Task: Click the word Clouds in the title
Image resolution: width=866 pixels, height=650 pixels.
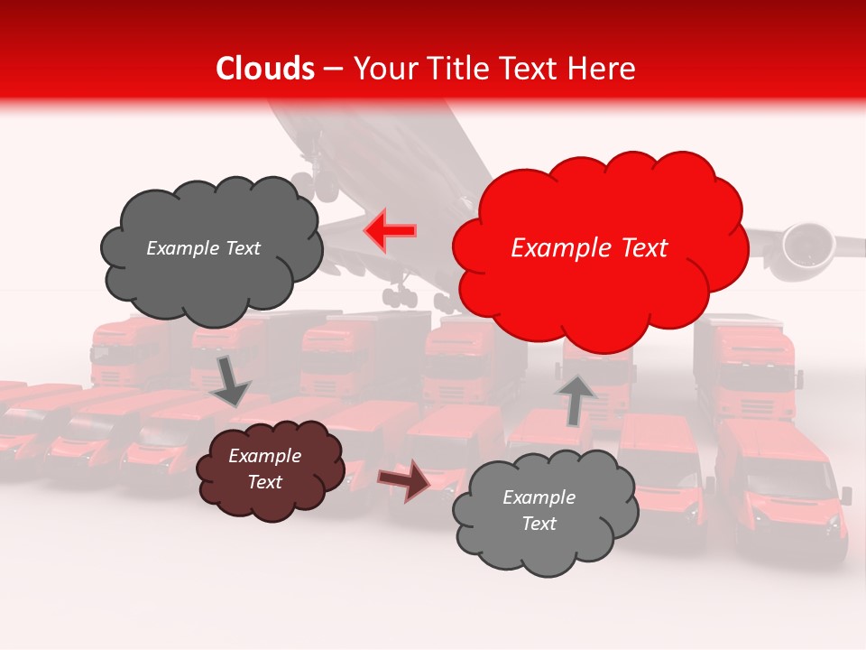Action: [264, 69]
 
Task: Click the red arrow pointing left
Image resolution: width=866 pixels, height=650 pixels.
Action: [390, 231]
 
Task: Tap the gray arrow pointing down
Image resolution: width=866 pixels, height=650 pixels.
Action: [231, 379]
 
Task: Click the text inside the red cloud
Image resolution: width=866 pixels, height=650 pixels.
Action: [589, 248]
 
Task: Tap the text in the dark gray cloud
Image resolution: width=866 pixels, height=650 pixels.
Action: [203, 248]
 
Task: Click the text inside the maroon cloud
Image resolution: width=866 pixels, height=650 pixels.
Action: [264, 469]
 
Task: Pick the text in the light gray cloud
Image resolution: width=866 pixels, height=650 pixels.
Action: [539, 510]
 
